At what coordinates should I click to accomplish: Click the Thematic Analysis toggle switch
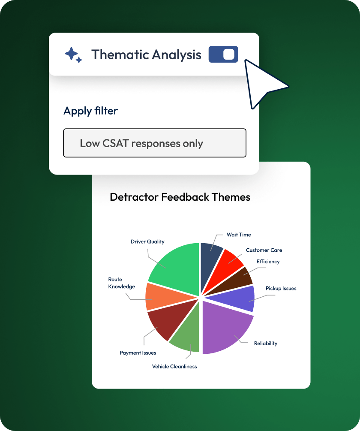[223, 54]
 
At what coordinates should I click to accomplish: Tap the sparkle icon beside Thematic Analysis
[73, 55]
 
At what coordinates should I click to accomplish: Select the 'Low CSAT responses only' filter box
[155, 143]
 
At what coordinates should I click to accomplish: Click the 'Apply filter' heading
[90, 111]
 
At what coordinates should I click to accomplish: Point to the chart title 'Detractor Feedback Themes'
[180, 197]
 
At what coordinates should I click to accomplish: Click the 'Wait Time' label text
[239, 235]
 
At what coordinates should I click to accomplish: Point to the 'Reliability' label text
[266, 344]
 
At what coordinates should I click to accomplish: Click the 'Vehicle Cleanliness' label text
[174, 366]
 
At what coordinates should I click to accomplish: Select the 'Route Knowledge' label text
[121, 283]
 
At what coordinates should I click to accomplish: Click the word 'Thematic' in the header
[120, 54]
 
